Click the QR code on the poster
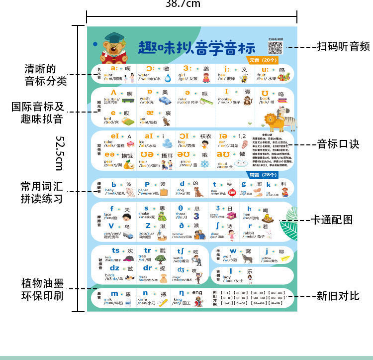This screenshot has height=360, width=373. tap(275, 48)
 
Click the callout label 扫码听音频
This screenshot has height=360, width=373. tap(343, 47)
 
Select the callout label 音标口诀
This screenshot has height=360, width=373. tap(338, 144)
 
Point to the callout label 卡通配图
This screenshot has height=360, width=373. tap(332, 219)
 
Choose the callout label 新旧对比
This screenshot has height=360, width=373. tap(338, 296)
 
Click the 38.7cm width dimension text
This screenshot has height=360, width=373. tap(183, 4)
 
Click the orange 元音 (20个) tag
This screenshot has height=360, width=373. tap(264, 60)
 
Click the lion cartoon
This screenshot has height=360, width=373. tap(271, 122)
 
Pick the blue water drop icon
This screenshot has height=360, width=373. tap(168, 78)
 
